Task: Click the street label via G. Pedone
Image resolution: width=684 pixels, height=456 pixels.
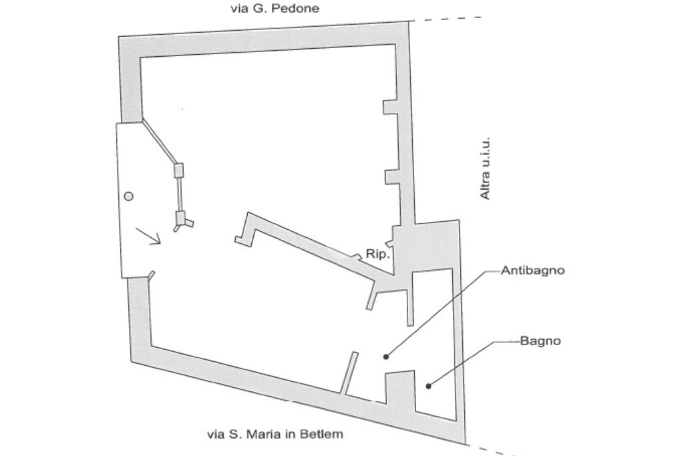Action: tap(275, 9)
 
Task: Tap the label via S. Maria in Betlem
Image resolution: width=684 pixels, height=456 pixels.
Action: tap(275, 434)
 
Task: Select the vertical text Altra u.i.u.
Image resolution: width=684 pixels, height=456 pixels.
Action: tap(486, 168)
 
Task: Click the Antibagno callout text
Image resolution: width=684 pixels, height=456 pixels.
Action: tap(532, 271)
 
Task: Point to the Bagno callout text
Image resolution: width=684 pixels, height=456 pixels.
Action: tap(540, 341)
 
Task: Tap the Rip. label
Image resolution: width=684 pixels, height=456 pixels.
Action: tap(377, 254)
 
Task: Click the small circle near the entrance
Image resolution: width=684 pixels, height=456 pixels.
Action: tap(129, 196)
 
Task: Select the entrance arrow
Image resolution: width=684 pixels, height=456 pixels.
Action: tap(148, 236)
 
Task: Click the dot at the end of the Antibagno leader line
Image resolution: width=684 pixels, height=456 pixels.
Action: tap(386, 356)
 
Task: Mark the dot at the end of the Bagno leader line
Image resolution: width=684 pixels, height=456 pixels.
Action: tap(429, 385)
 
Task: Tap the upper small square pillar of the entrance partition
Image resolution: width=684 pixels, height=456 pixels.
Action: tap(178, 170)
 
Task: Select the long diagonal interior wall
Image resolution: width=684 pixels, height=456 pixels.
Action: tap(314, 241)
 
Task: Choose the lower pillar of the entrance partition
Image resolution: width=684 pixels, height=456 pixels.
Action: tap(180, 219)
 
